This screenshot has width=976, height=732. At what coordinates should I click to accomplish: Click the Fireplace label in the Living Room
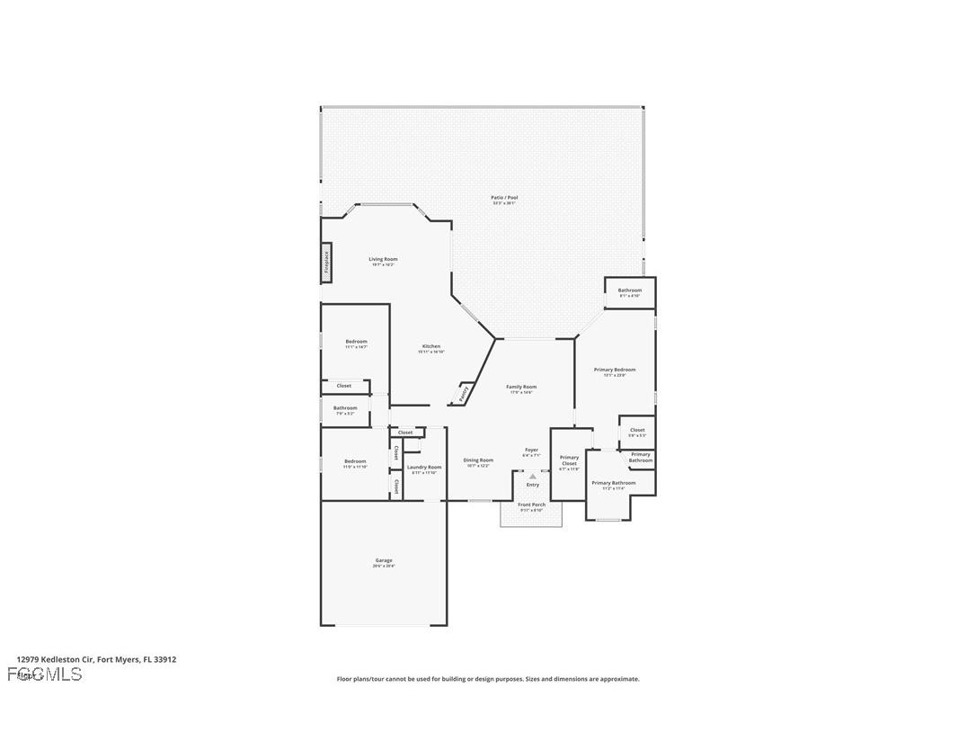pos(327,262)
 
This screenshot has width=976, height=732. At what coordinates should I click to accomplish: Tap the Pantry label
pos(464,393)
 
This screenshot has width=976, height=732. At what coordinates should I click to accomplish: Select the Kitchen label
pos(431,346)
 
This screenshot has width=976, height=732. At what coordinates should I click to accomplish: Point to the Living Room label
pos(383,259)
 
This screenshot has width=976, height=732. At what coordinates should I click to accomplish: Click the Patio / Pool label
pos(504,198)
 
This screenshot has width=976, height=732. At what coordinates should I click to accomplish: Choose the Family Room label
pos(521,387)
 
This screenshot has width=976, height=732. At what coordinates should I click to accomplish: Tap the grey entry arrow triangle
pos(532,476)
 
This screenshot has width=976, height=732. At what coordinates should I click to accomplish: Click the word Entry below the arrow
pos(533,485)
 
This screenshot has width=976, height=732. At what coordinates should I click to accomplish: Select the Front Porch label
pos(532,504)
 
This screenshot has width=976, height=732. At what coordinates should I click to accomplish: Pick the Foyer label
pos(532,450)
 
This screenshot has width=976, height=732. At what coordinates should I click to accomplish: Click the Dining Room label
pos(478,460)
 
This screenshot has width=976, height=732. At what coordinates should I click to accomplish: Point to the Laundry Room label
pos(424,467)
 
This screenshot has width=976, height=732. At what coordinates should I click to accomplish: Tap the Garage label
pos(384,560)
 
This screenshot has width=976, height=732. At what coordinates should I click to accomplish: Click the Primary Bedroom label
pos(615,370)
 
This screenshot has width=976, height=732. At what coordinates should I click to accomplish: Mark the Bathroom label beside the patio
pos(630,290)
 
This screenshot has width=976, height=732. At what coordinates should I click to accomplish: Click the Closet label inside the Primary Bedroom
pos(637,430)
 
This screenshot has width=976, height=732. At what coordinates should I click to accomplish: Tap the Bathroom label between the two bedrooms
pos(345,408)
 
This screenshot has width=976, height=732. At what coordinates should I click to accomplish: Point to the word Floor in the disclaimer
pos(345,679)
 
